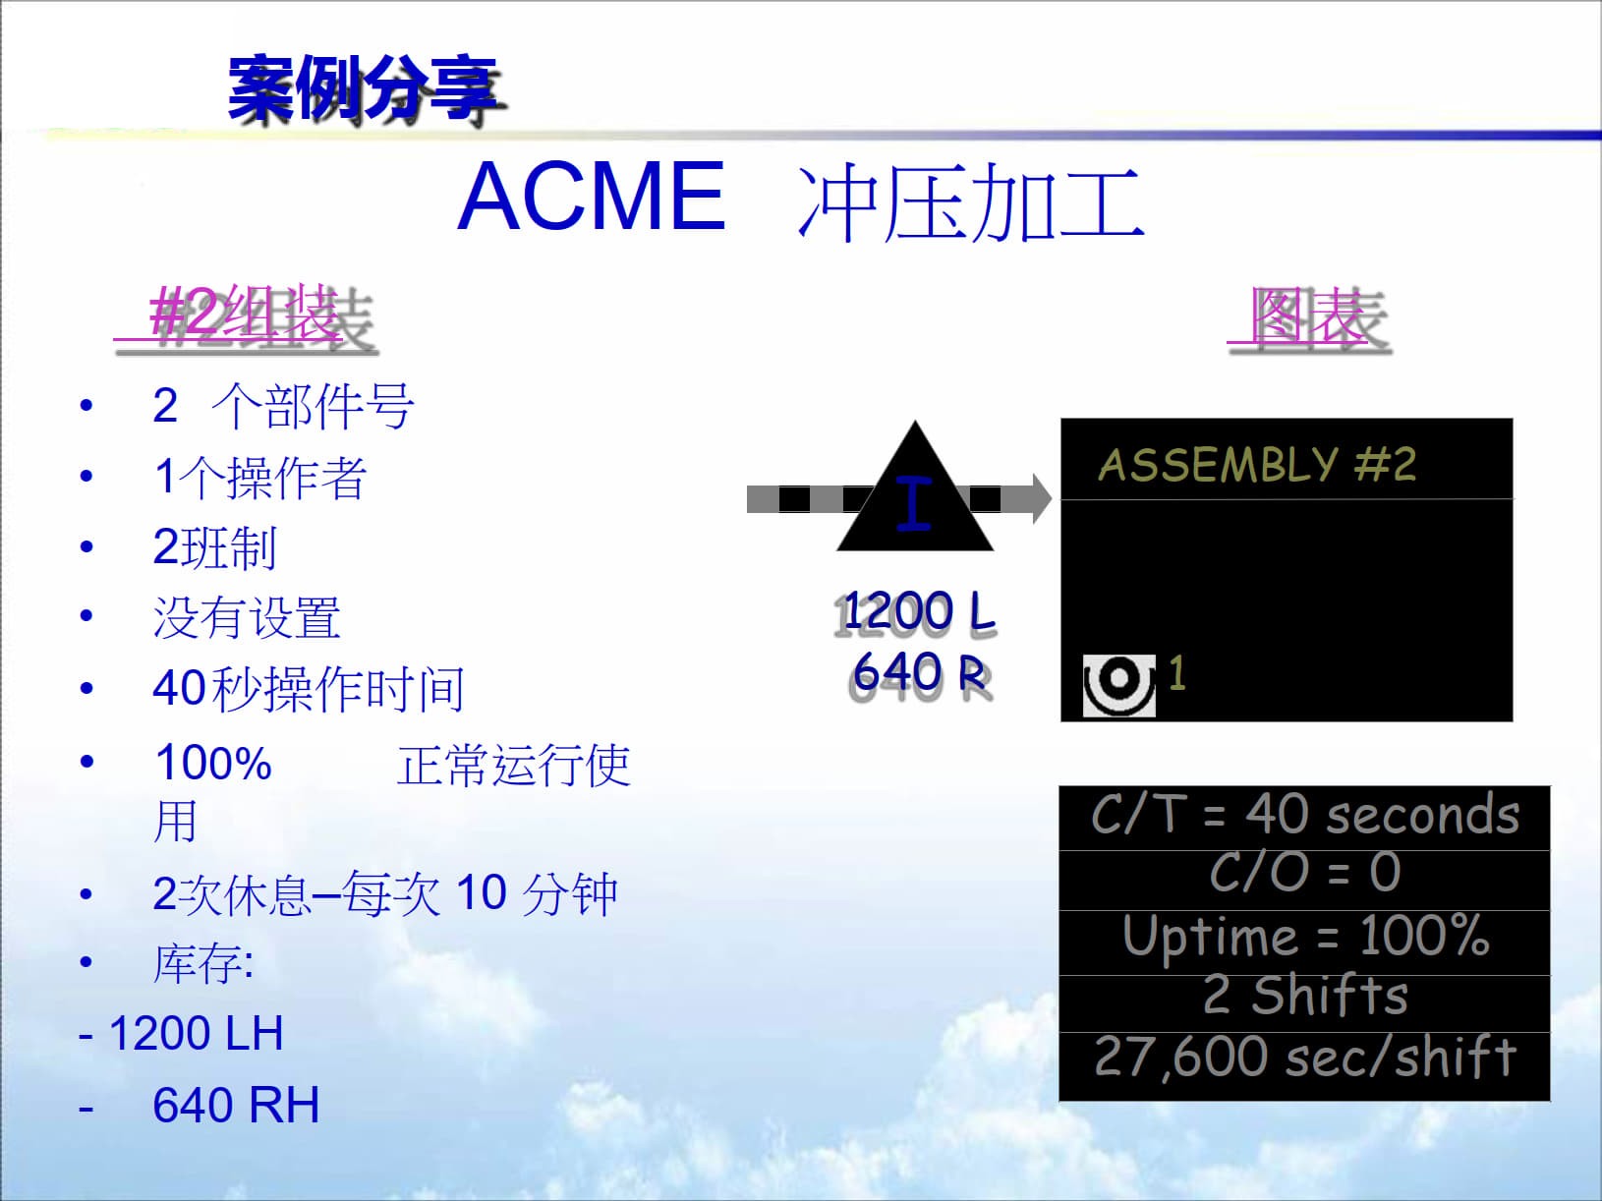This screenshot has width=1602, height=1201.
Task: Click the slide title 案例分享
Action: click(365, 89)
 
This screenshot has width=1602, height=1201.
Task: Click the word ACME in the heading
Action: click(592, 197)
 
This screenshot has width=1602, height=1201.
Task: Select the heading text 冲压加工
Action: click(970, 203)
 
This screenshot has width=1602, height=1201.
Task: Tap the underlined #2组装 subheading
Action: click(247, 316)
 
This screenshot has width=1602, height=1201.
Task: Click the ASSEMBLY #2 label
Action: click(1257, 464)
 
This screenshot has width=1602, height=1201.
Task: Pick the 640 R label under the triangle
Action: click(920, 673)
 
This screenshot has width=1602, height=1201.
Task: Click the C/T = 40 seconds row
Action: click(1304, 816)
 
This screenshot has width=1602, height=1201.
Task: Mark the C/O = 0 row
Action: click(1304, 872)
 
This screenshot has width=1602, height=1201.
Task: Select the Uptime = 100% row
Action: click(1304, 936)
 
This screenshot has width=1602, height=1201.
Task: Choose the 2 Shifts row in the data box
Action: click(1304, 996)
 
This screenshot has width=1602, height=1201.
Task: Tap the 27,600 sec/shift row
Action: click(1304, 1058)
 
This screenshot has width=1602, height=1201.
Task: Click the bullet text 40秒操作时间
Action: click(308, 688)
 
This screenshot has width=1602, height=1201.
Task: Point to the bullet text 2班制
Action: click(214, 547)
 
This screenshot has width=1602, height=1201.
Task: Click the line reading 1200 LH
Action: click(196, 1034)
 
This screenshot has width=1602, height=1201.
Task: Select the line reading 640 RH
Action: click(236, 1105)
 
